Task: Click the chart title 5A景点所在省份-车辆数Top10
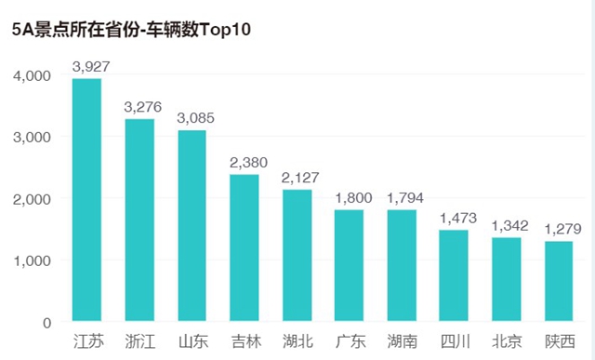(131, 29)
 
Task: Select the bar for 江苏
(86, 200)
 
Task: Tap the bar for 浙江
(139, 220)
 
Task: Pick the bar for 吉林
(245, 248)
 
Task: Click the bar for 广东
(349, 266)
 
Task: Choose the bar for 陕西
(559, 282)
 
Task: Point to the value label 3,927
(87, 67)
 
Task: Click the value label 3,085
(192, 119)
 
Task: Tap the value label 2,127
(297, 179)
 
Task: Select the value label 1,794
(402, 199)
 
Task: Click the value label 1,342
(507, 227)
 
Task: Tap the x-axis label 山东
(192, 341)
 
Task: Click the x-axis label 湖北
(297, 341)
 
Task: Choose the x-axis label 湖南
(402, 341)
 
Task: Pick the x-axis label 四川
(454, 341)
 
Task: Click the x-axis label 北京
(507, 341)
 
